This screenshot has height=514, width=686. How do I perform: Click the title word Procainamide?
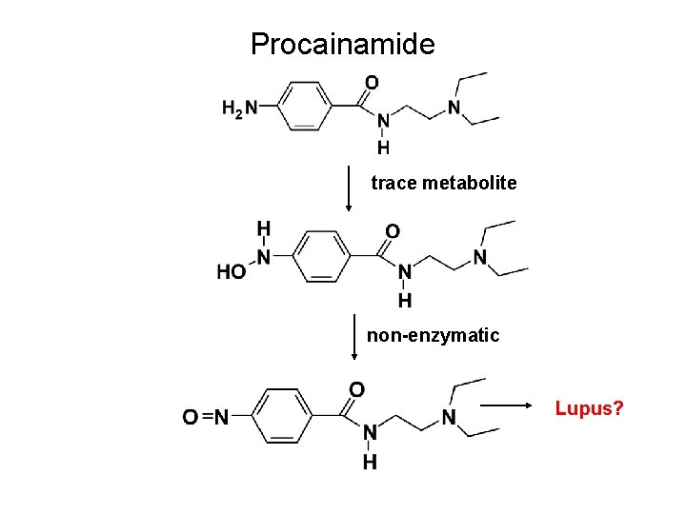coord(342,44)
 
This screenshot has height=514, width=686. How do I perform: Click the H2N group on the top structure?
coord(239,109)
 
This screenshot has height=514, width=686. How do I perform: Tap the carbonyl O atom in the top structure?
coord(372,83)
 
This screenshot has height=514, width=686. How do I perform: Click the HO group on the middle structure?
coord(232,272)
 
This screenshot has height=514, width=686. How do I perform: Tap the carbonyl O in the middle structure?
coord(392,230)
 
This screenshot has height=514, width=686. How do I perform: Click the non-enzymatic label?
coord(433,335)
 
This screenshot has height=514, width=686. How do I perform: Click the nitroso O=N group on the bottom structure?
coord(205,417)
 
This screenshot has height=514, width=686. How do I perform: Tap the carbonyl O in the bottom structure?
coord(356,389)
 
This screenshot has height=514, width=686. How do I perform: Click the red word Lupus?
coord(590,409)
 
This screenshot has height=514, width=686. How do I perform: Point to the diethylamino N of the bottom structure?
coord(447,417)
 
